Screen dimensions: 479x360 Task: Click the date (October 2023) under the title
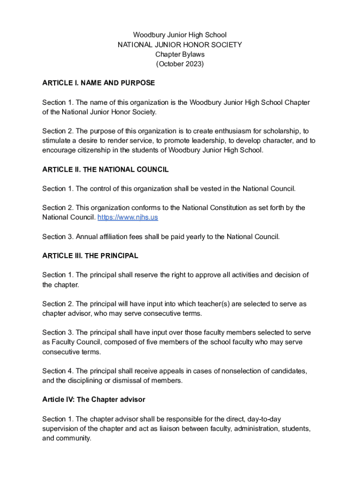point(180,64)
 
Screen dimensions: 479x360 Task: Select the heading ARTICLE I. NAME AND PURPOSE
point(98,83)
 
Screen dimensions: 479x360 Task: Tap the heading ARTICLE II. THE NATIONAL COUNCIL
point(105,170)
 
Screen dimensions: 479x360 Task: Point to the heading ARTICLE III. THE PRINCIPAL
point(90,256)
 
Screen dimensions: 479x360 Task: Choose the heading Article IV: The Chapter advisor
point(94,399)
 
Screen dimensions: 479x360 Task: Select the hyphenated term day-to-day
point(263,419)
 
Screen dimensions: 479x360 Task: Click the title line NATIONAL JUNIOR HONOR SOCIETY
point(180,45)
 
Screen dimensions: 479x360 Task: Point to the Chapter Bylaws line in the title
point(180,54)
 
